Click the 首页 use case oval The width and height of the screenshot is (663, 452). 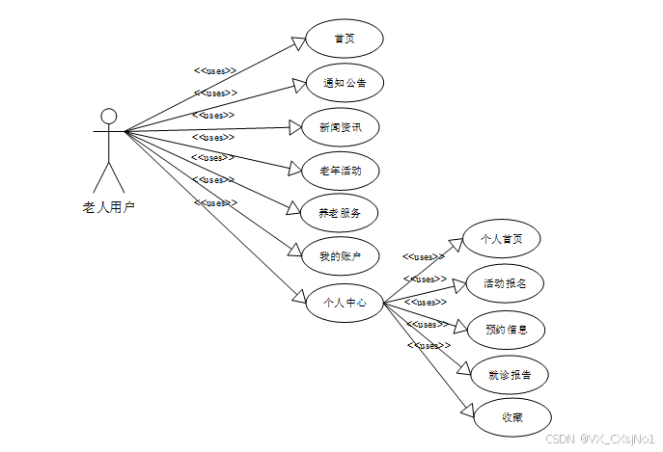tap(344, 39)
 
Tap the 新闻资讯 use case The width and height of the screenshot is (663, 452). tap(340, 126)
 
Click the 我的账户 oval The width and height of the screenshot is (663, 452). tap(340, 256)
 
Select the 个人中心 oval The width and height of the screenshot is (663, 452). tap(344, 303)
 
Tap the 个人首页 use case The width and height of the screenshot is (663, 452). tap(500, 239)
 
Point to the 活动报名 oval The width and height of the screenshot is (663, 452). tap(504, 283)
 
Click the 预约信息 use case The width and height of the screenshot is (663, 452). tap(507, 329)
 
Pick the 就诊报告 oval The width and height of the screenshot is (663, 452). tap(510, 373)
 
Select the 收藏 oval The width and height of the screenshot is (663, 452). tap(511, 417)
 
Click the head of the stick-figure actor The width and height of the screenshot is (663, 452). tap(109, 117)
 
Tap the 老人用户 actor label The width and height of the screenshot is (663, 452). tap(109, 205)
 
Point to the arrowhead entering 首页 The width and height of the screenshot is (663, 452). tap(298, 41)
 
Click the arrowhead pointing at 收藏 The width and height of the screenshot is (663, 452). tap(468, 413)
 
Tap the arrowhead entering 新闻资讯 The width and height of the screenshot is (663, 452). tap(295, 126)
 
